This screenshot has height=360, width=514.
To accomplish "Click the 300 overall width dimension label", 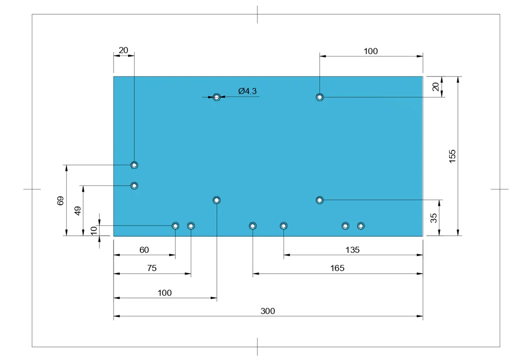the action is click(x=267, y=311).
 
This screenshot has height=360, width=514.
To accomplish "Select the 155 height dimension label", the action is click(x=452, y=156).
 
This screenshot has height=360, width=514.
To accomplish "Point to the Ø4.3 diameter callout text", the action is click(x=248, y=91).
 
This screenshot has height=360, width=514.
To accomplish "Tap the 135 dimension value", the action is click(x=353, y=250).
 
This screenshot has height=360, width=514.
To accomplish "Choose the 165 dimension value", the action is click(x=337, y=268).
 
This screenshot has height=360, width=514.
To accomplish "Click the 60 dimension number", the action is click(x=144, y=250).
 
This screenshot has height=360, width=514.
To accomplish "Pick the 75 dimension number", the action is click(x=152, y=268).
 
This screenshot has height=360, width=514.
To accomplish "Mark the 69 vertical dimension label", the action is click(x=60, y=201).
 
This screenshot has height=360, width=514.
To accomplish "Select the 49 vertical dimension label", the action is click(x=78, y=211).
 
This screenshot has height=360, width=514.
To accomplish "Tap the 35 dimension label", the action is click(x=433, y=218).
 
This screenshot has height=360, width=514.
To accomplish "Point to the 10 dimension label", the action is click(x=94, y=230).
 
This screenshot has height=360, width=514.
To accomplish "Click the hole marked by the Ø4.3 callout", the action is click(x=216, y=97).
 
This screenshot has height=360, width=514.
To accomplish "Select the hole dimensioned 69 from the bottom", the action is click(x=134, y=165).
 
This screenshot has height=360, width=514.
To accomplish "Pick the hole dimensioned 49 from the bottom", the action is click(x=134, y=186).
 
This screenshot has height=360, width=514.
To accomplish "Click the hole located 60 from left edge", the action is click(x=175, y=225).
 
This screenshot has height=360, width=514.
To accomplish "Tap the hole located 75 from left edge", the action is click(x=191, y=225).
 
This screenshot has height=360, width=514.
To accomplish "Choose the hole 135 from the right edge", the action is click(x=284, y=225).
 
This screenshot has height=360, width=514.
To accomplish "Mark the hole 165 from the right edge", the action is click(x=252, y=225).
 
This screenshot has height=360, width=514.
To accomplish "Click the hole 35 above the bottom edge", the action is click(x=320, y=200).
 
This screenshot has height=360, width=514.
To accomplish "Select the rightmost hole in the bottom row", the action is click(x=361, y=225).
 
